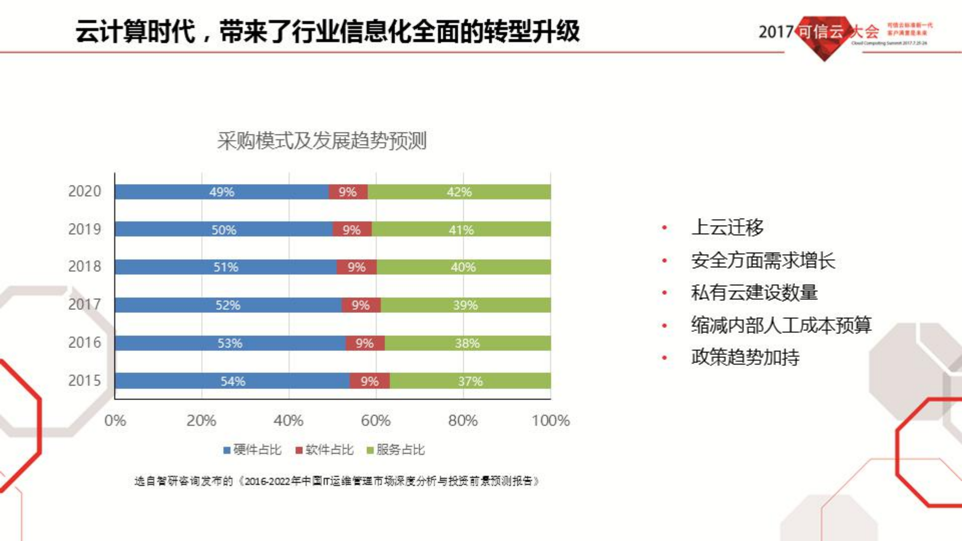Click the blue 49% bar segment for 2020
click(222, 192)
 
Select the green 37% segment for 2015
click(470, 381)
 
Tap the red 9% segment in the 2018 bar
click(356, 267)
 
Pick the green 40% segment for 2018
click(463, 267)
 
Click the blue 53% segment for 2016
click(230, 343)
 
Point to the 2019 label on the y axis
click(84, 230)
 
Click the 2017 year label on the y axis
click(84, 305)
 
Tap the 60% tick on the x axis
click(375, 421)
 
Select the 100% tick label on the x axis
click(550, 421)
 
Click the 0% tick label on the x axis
click(115, 421)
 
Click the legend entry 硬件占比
click(253, 450)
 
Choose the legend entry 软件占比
click(325, 450)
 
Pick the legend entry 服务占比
click(396, 450)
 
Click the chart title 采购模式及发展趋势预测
click(321, 141)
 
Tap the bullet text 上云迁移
click(727, 227)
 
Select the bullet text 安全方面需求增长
click(763, 261)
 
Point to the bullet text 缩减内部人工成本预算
click(781, 325)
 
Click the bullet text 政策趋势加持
click(745, 357)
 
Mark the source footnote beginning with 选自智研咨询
click(337, 481)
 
